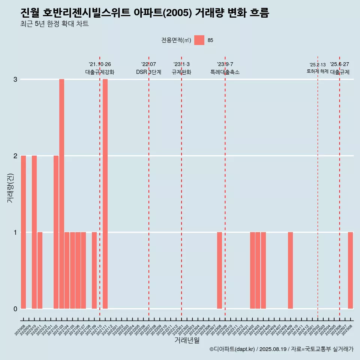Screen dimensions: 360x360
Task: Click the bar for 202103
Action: tap(61, 194)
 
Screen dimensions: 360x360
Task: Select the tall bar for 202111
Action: tap(105, 194)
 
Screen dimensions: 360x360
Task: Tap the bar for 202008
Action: tap(23, 232)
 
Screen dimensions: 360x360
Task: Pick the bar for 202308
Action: tap(219, 270)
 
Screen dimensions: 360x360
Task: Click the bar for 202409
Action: tap(290, 270)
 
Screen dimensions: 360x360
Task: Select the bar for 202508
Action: tap(350, 270)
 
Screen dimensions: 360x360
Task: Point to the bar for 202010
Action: tap(34, 232)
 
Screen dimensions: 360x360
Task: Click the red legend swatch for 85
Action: tap(199, 40)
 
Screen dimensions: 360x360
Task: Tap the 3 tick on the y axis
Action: tap(15, 79)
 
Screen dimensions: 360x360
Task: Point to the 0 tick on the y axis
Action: tap(15, 309)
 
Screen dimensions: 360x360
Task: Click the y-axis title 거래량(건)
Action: tap(10, 187)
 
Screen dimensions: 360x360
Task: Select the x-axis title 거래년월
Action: tap(187, 340)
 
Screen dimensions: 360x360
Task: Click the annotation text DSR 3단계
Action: tap(148, 72)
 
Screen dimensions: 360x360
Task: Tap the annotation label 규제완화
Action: tap(181, 72)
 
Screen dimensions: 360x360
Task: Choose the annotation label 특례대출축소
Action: tap(225, 72)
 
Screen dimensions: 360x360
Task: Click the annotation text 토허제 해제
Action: tap(317, 71)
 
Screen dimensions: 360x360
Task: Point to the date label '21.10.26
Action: tap(100, 64)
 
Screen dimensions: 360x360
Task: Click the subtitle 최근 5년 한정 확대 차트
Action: tap(55, 24)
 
